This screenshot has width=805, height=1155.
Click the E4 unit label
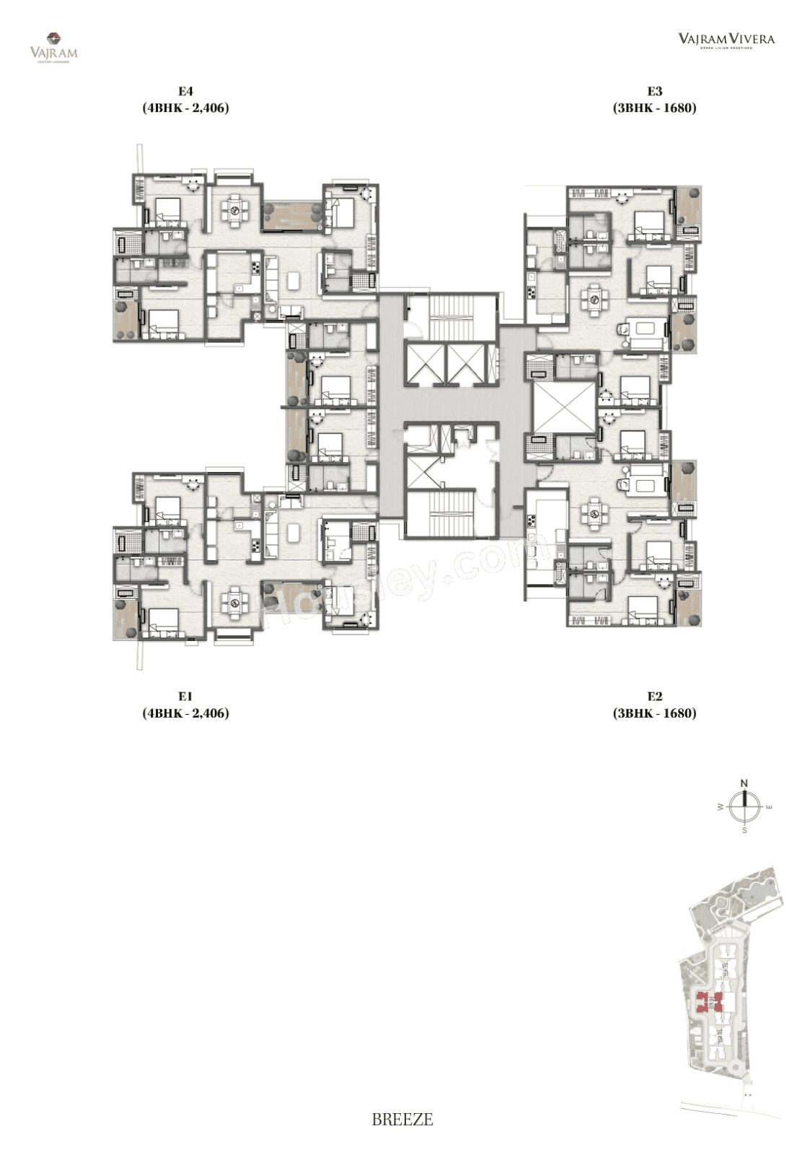185,92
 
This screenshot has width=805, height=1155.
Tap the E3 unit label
654,92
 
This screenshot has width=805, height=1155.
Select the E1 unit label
185,697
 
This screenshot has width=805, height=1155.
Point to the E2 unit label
654,697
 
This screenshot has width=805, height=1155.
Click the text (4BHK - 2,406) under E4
185,108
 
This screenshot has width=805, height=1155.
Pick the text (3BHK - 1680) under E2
654,713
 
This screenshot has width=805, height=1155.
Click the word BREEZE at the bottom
402,1120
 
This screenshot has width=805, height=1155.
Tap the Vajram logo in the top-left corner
53,45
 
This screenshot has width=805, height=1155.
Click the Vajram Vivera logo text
726,39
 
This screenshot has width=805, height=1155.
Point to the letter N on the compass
744,783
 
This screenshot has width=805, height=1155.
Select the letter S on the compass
744,830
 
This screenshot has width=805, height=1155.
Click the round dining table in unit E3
594,295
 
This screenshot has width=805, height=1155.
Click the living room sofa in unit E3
645,330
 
